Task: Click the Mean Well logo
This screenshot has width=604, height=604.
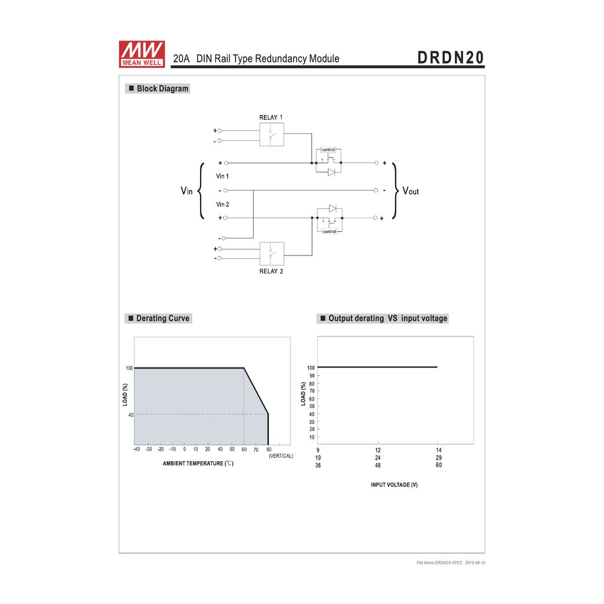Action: [142, 54]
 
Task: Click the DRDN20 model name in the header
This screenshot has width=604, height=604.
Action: [451, 58]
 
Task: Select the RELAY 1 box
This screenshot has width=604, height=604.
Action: [271, 134]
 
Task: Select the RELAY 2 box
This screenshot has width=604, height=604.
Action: [272, 254]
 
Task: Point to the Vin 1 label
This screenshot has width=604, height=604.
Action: [222, 176]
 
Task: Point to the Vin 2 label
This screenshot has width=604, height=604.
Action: [222, 204]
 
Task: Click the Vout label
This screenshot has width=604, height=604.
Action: [411, 191]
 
